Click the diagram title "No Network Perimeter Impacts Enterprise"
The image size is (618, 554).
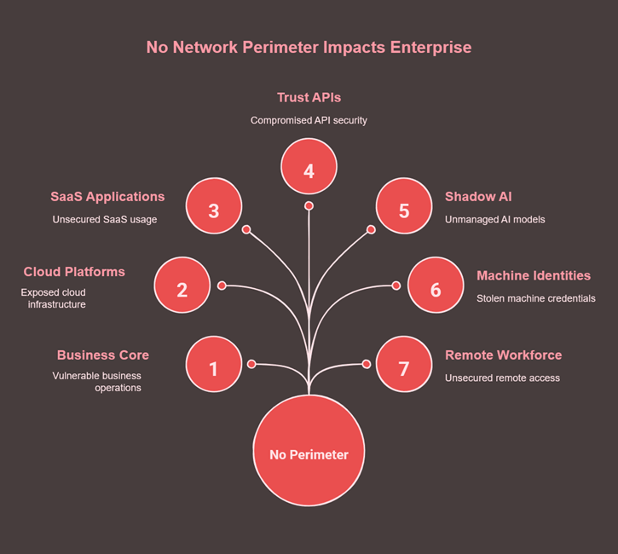309,48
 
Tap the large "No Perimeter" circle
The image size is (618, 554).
309,454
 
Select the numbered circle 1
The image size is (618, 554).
213,368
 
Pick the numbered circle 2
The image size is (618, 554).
182,289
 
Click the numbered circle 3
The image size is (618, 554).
213,211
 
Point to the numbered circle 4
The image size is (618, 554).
309,170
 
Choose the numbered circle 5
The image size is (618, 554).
404,211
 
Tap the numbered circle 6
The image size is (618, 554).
436,289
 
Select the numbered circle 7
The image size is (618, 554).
404,368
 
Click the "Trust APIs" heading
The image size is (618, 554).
309,98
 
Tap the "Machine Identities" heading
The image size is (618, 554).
534,276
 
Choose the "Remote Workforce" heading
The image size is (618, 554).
503,355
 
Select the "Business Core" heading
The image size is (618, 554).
102,355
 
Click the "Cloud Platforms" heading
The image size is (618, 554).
73,272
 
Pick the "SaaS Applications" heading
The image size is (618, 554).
107,197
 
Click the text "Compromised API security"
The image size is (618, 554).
309,120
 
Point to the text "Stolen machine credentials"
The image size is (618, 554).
536,298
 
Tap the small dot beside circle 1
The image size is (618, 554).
251,364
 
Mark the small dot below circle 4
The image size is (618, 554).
309,206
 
